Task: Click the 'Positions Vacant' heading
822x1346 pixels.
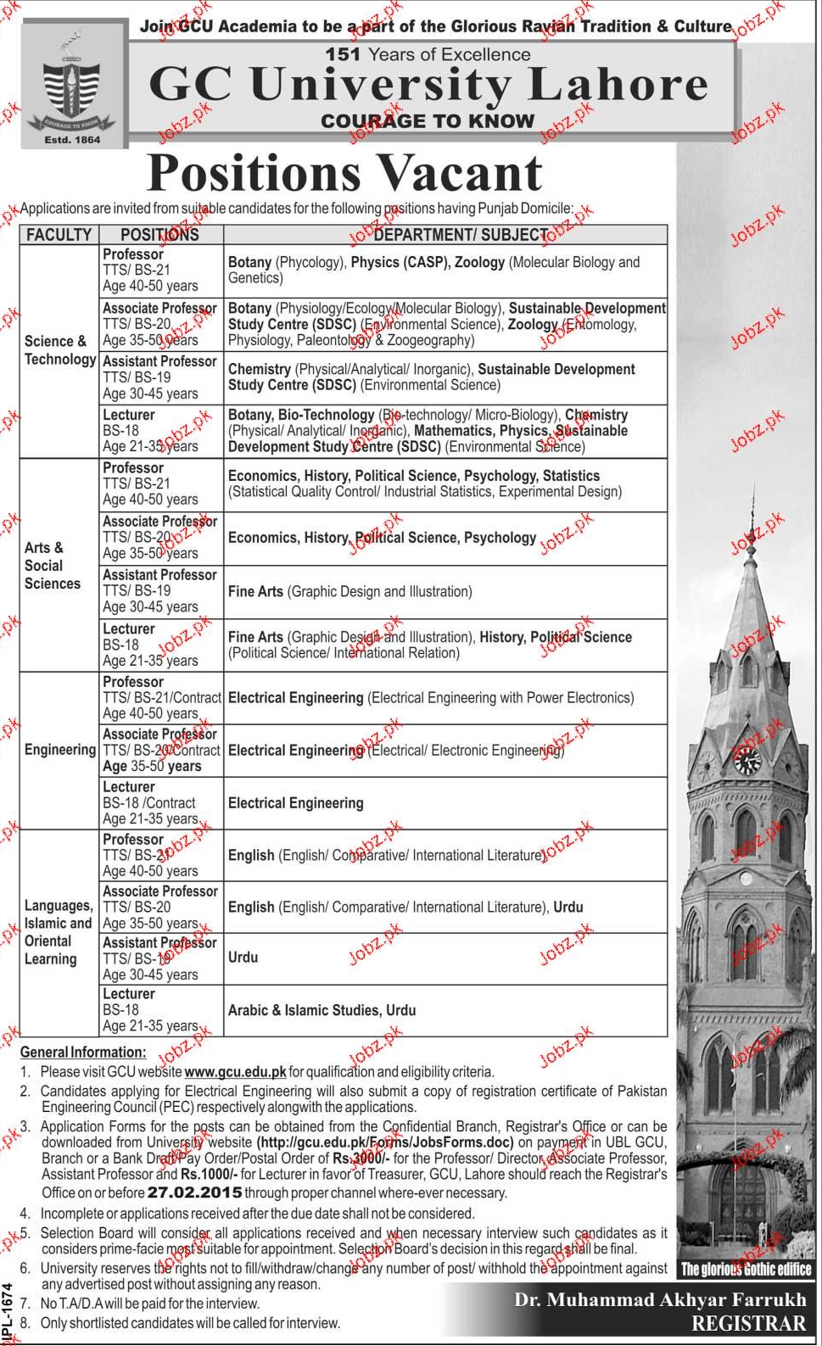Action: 344,173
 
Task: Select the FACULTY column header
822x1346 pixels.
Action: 59,235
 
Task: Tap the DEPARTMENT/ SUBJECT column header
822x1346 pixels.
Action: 461,235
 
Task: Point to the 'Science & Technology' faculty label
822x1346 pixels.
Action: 59,350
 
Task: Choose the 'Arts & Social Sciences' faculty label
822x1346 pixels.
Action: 52,566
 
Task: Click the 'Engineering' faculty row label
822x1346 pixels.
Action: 59,750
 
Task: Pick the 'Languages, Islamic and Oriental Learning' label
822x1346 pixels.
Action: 58,932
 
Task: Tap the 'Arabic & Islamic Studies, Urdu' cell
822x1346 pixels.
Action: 322,1010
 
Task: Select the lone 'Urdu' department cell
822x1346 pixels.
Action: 243,958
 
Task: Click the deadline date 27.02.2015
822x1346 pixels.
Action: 194,1192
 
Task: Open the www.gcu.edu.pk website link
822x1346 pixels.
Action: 235,1072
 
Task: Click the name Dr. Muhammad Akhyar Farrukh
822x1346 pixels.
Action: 659,1300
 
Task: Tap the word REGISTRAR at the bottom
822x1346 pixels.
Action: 748,1324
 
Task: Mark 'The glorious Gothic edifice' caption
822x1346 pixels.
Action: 746,1270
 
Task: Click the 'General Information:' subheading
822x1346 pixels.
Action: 83,1053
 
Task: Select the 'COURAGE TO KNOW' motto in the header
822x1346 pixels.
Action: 427,121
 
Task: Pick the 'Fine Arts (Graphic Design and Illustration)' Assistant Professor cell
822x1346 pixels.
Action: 349,592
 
